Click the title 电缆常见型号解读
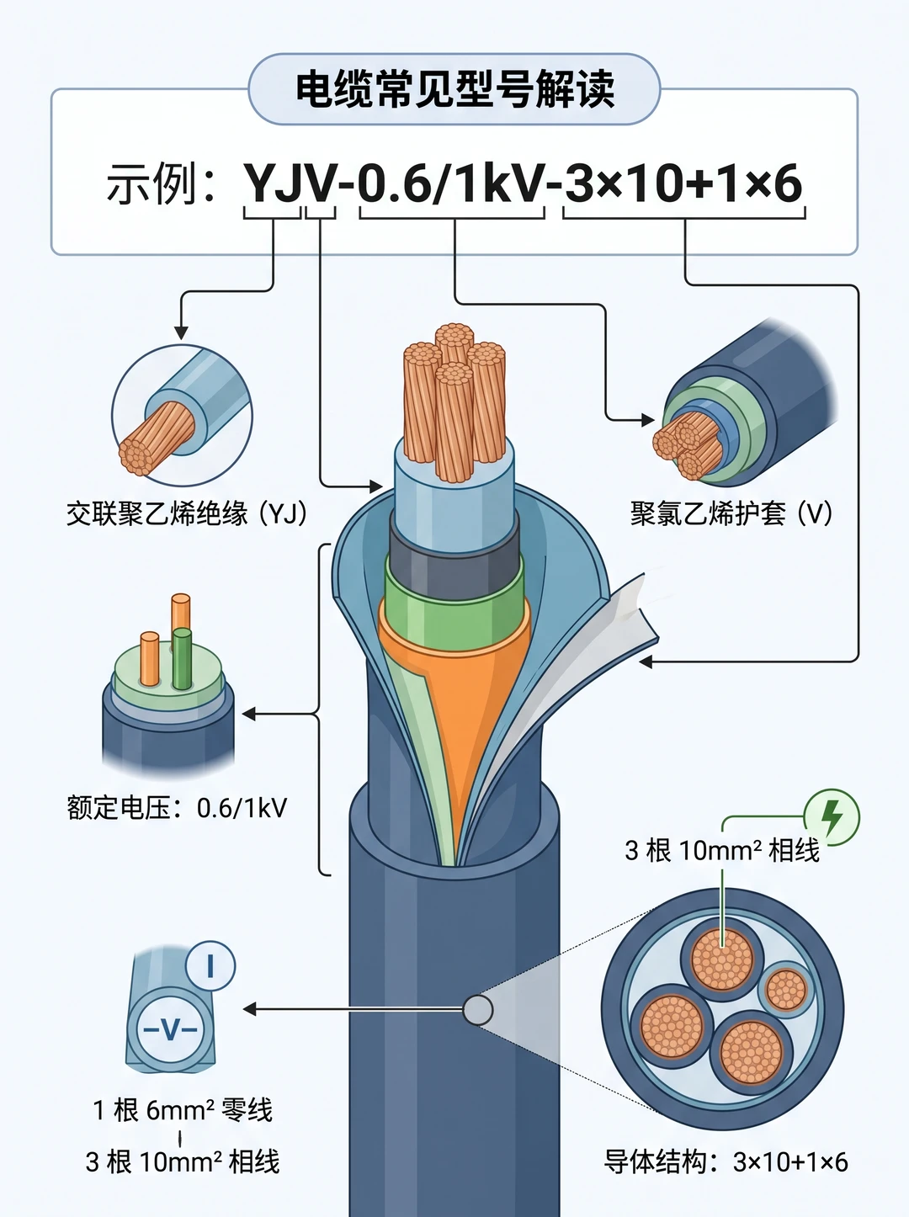(454, 88)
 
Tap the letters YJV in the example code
(290, 183)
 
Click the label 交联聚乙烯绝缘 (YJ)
(187, 513)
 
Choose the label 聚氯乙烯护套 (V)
(731, 513)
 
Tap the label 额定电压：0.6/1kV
(177, 808)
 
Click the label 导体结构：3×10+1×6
(726, 1161)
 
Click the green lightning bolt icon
(832, 817)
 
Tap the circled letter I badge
(210, 966)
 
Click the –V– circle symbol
(170, 1030)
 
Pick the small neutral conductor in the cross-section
(785, 990)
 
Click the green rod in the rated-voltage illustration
(182, 658)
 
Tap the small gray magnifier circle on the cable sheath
(478, 1010)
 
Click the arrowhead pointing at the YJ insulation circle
(181, 332)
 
